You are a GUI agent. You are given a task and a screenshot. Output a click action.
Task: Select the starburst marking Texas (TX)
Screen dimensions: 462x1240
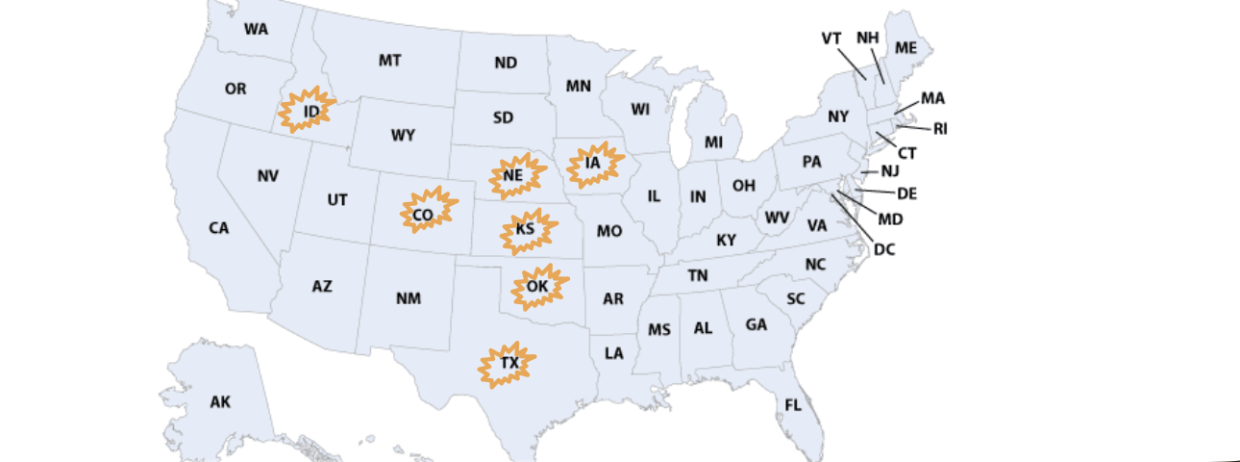[x=508, y=364]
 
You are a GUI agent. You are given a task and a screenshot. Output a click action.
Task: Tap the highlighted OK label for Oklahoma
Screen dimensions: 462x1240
[x=537, y=287]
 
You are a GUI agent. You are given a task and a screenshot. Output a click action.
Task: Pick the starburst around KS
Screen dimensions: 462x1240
[x=525, y=230]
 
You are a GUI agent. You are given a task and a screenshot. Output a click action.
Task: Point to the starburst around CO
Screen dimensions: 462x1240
[x=424, y=214]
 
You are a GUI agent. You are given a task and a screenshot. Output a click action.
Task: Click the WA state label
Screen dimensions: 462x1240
[x=256, y=30]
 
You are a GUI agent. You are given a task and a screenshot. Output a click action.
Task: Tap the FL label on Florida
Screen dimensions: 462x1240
[x=792, y=405]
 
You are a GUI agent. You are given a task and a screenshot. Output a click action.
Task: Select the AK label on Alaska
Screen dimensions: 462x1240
[x=220, y=402]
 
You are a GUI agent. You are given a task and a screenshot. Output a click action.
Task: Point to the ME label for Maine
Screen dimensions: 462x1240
[x=905, y=47]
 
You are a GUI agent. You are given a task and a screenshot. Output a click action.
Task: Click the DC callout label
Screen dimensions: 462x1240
[x=884, y=250]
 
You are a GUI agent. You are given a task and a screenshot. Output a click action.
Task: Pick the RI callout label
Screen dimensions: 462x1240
[x=940, y=129]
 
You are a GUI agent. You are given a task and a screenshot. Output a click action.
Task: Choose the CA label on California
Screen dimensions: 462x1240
[x=219, y=228]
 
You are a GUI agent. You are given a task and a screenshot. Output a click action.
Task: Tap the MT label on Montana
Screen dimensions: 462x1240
[x=389, y=61]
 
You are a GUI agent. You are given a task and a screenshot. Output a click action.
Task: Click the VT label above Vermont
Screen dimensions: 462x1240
[x=831, y=38]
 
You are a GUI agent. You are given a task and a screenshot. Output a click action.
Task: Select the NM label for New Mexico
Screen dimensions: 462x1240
[x=409, y=298]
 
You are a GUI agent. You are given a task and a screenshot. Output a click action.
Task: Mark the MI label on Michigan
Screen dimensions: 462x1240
[x=713, y=142]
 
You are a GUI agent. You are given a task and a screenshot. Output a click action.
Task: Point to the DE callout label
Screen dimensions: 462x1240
[x=906, y=194]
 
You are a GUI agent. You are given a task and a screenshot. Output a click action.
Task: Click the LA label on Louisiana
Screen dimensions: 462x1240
[x=614, y=353]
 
